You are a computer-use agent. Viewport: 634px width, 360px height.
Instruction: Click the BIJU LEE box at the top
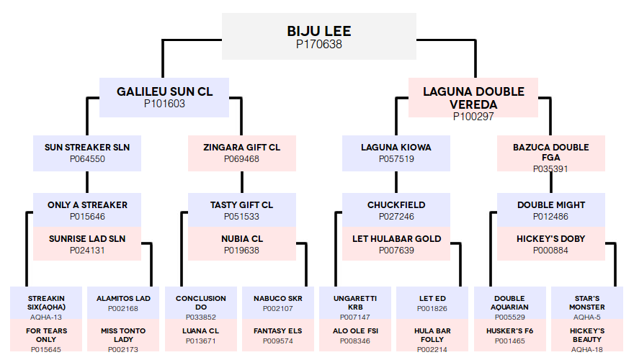click(x=319, y=37)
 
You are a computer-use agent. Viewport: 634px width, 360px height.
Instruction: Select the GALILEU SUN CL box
click(x=164, y=97)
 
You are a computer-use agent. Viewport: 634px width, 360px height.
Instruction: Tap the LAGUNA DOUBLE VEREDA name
click(x=473, y=98)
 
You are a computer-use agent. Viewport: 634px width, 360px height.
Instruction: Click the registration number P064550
click(x=87, y=159)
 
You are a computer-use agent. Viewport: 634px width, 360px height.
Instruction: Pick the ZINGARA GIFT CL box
click(x=242, y=153)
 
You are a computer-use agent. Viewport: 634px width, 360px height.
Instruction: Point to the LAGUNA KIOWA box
click(x=396, y=153)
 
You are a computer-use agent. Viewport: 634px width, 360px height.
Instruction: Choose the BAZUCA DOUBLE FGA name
click(x=550, y=153)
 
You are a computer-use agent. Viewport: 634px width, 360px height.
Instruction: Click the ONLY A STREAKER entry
click(x=87, y=210)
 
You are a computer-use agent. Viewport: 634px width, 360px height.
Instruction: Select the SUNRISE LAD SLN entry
click(x=87, y=244)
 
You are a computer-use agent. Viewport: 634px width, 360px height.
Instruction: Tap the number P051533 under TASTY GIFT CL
click(x=242, y=217)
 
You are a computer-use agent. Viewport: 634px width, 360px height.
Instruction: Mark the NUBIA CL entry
click(x=242, y=244)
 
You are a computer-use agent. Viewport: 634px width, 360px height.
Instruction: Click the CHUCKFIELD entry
click(x=396, y=210)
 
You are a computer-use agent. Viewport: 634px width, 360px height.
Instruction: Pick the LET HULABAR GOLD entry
click(x=396, y=244)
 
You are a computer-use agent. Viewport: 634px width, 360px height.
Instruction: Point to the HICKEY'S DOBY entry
click(x=550, y=244)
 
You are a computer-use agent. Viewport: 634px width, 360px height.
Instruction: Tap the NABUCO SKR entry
click(x=278, y=303)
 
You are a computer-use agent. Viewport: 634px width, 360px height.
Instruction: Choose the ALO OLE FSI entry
click(x=355, y=336)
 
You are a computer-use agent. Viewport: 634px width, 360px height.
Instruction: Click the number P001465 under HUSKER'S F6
click(x=510, y=341)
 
